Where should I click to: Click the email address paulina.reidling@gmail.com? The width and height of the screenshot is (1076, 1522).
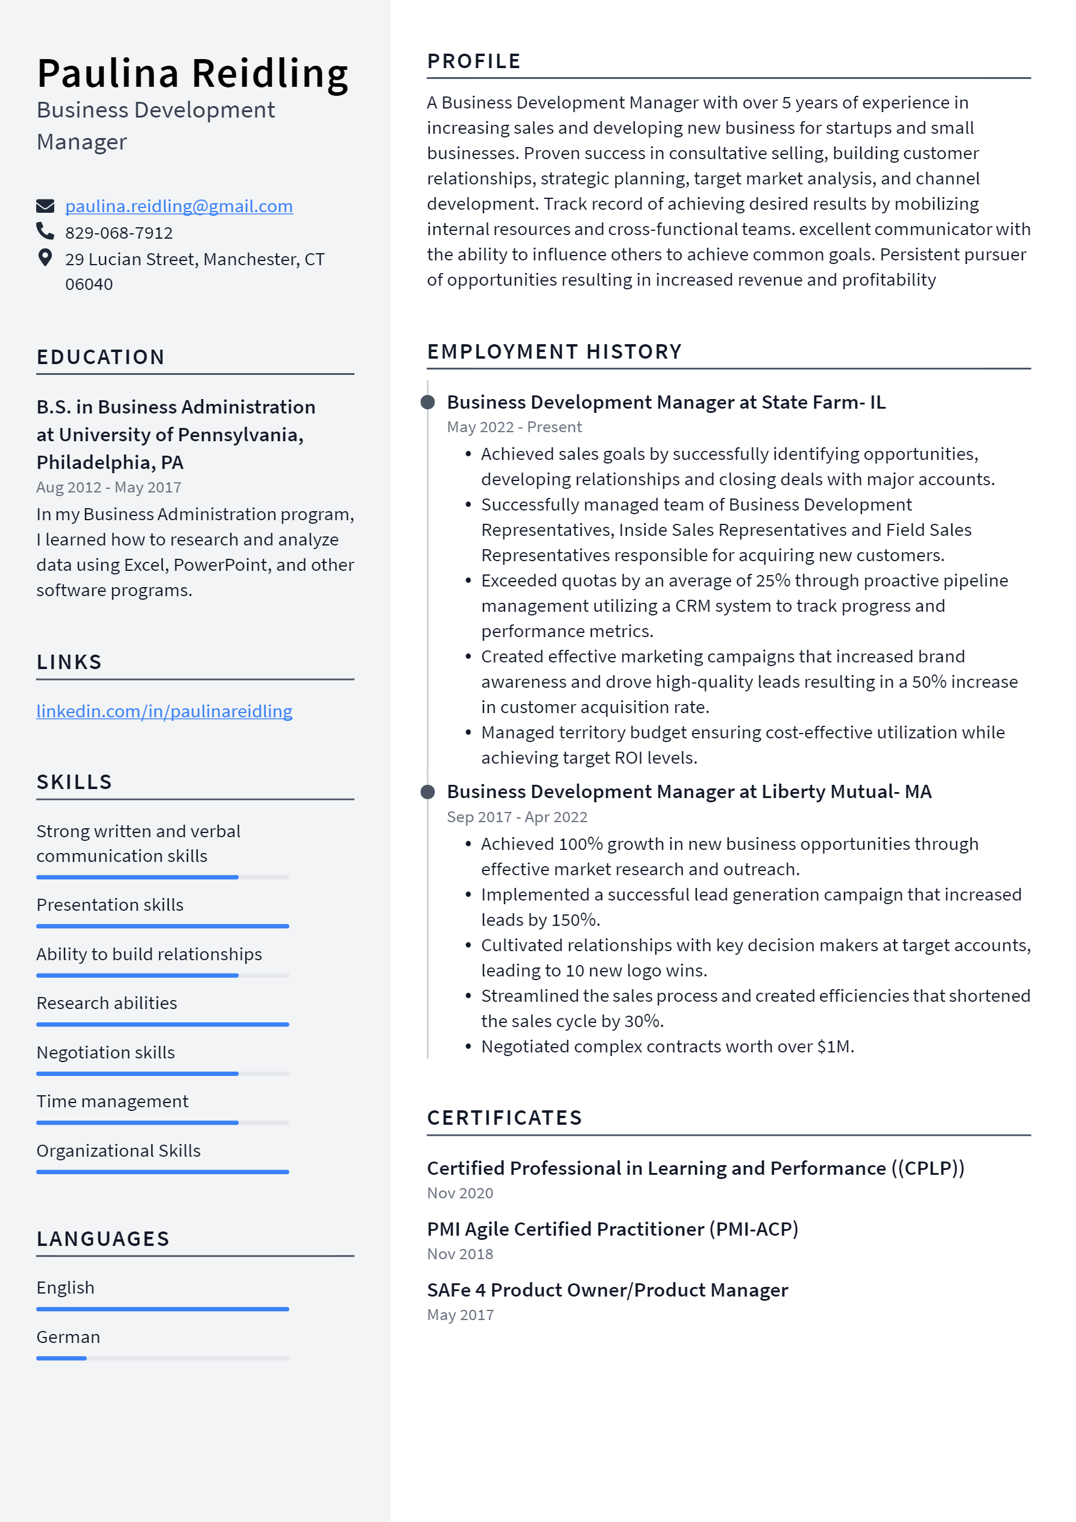coord(178,206)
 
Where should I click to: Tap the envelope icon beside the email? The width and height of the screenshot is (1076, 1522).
coord(45,206)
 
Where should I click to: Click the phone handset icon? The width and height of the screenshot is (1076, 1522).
coord(45,231)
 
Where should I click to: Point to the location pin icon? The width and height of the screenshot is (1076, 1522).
coord(45,258)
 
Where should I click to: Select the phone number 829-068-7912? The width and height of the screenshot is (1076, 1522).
coord(119,233)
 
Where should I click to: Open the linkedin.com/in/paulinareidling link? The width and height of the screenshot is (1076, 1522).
coord(164,711)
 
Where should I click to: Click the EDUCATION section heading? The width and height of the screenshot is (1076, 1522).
coord(100,357)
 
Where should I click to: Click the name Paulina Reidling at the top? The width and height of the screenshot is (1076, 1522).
coord(192,73)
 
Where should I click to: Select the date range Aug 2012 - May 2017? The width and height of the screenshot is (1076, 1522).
coord(109,487)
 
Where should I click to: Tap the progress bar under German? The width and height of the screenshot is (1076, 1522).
coord(162,1358)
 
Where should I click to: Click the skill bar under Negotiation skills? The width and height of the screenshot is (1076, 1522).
coord(162,1073)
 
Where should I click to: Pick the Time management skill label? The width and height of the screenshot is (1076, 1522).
coord(112,1101)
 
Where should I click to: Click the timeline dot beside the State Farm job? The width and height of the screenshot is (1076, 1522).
coord(427,403)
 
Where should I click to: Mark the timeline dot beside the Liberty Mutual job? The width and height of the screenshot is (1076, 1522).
coord(427,791)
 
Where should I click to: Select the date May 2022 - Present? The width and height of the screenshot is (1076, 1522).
coord(514,427)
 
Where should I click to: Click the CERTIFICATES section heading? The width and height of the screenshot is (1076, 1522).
coord(504,1118)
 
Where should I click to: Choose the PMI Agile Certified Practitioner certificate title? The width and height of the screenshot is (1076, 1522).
coord(612,1229)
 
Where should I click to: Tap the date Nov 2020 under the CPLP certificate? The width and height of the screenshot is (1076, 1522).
coord(459,1193)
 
